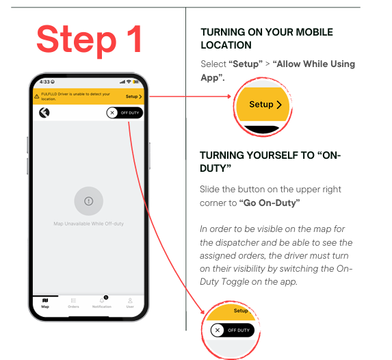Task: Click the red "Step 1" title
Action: tap(89, 39)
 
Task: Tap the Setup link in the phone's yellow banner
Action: tap(134, 97)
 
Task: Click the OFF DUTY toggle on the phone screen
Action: tap(125, 113)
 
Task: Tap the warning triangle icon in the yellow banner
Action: tap(37, 97)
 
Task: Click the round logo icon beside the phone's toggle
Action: tap(44, 112)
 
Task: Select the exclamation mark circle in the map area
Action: tap(89, 201)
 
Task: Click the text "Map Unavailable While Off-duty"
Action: tap(89, 224)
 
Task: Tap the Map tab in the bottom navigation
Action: tap(45, 303)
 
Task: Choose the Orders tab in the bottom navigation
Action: tap(73, 303)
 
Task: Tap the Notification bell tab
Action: tap(102, 303)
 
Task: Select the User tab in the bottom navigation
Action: tap(130, 303)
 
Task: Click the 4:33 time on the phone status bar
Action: tap(44, 82)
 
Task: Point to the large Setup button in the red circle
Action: tap(265, 104)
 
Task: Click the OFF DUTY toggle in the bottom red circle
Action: tap(232, 331)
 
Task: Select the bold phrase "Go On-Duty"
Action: tap(270, 203)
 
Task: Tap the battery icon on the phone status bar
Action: tap(135, 82)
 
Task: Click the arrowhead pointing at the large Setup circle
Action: tap(228, 97)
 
